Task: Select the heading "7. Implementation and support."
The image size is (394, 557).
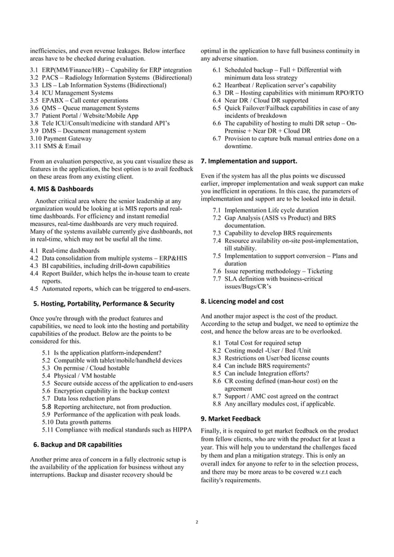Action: (x=249, y=161)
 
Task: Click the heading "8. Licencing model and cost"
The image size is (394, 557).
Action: (x=243, y=301)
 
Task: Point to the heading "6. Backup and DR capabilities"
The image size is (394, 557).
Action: (x=77, y=444)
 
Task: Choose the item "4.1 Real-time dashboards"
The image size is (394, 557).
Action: (x=65, y=250)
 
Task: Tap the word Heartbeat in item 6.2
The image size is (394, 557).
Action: (x=241, y=86)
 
